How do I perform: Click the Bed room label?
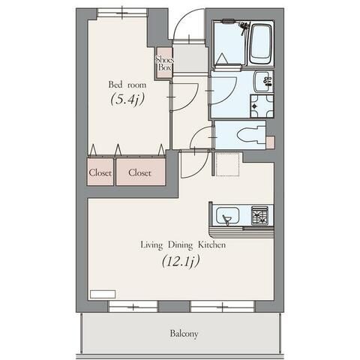pyautogui.click(x=127, y=85)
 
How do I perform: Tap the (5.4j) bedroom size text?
pyautogui.click(x=127, y=99)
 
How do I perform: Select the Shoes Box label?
pyautogui.click(x=164, y=63)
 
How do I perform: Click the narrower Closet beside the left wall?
pyautogui.click(x=100, y=172)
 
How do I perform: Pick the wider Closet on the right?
pyautogui.click(x=140, y=172)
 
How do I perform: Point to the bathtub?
pyautogui.click(x=260, y=44)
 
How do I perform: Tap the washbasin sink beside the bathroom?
pyautogui.click(x=263, y=82)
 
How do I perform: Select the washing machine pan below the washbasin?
pyautogui.click(x=262, y=106)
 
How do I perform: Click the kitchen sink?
pyautogui.click(x=228, y=216)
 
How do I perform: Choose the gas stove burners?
pyautogui.click(x=259, y=215)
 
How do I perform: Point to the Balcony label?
pyautogui.click(x=184, y=334)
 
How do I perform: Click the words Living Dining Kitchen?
pyautogui.click(x=183, y=244)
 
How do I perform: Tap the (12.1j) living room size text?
pyautogui.click(x=181, y=262)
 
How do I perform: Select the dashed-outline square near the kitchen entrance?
pyautogui.click(x=228, y=163)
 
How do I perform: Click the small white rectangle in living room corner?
pyautogui.click(x=103, y=294)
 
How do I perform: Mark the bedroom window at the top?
pyautogui.click(x=122, y=12)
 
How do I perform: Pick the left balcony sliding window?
pyautogui.click(x=133, y=306)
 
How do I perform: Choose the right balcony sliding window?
pyautogui.click(x=222, y=306)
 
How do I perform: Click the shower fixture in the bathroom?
pyautogui.click(x=244, y=28)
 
